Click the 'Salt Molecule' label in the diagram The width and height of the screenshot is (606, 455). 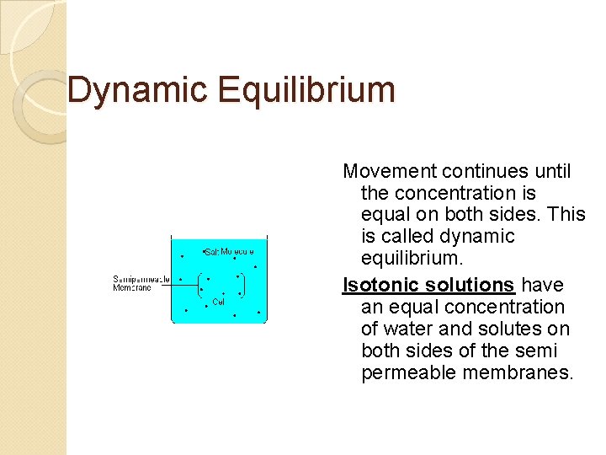tap(230, 251)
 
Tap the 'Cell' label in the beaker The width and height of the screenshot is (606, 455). tap(219, 301)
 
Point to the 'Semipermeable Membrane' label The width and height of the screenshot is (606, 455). tap(141, 283)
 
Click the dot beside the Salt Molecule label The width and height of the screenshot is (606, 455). tap(203, 250)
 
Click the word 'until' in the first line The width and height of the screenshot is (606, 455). tap(552, 172)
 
